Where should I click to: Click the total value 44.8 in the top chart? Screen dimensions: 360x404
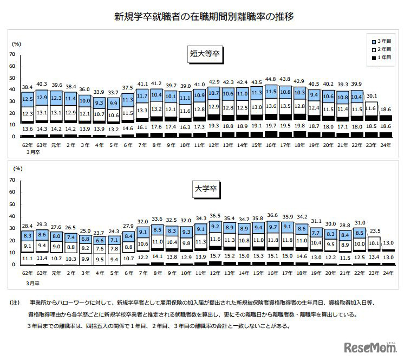(x=271, y=79)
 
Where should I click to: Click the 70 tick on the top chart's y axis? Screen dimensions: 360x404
(x=12, y=55)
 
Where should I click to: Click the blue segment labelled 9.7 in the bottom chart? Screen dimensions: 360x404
(x=271, y=227)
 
